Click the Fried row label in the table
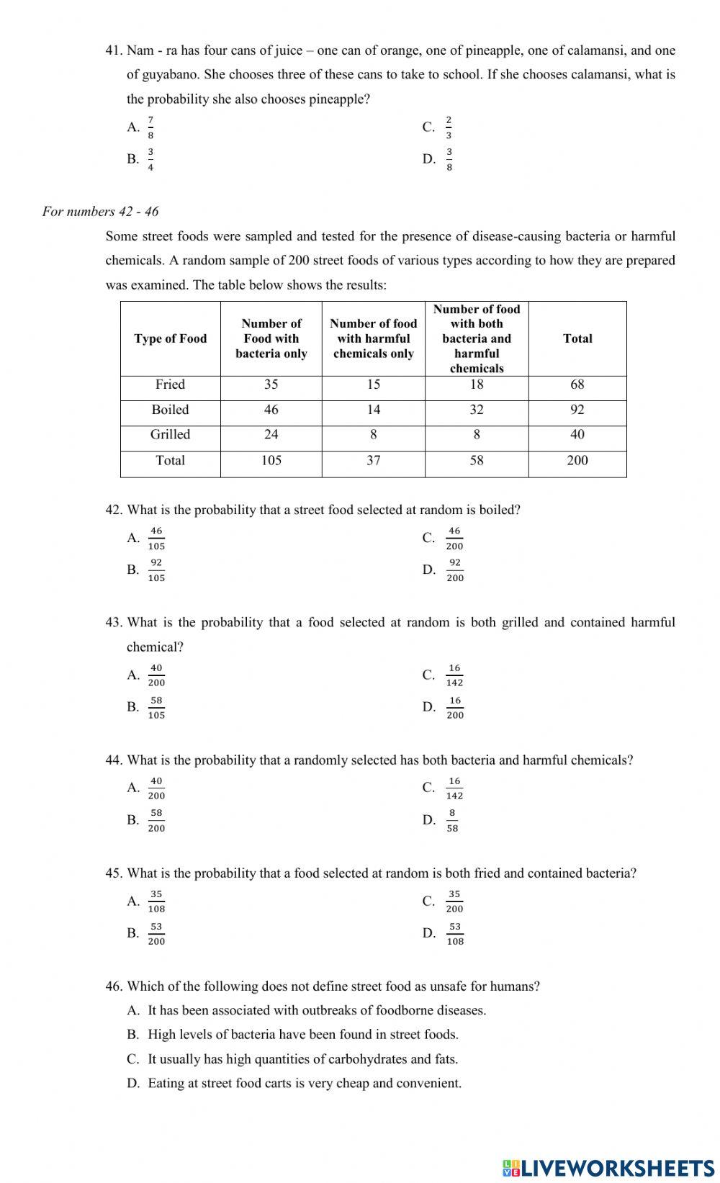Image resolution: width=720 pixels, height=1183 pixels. [x=170, y=384]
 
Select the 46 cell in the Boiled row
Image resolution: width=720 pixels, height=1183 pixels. [x=271, y=410]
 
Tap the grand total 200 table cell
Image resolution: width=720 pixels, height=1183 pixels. [x=577, y=461]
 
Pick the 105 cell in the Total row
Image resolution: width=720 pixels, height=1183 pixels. [x=271, y=461]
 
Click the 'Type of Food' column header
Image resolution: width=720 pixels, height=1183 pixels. [x=170, y=338]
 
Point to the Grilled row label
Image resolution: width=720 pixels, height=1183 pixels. [x=170, y=435]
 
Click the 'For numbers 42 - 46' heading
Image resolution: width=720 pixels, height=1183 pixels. [x=101, y=212]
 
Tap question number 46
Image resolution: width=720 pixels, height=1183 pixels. [x=114, y=986]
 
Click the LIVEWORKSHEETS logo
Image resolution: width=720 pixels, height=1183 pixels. [x=608, y=1167]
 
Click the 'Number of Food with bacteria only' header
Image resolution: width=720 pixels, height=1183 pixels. [x=271, y=338]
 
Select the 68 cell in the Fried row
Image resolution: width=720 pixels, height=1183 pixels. [x=577, y=384]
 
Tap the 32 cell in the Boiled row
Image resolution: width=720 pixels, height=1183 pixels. [x=476, y=410]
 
